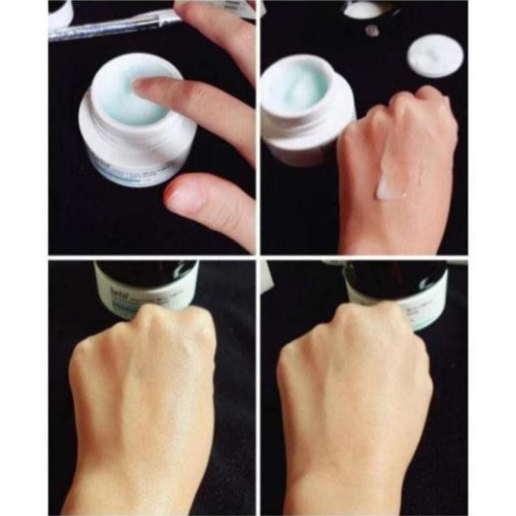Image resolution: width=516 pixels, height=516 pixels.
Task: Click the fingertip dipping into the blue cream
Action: (147, 88)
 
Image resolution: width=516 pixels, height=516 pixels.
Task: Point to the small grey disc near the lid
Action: (371, 31)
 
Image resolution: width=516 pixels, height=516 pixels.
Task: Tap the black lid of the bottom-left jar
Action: (146, 272)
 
